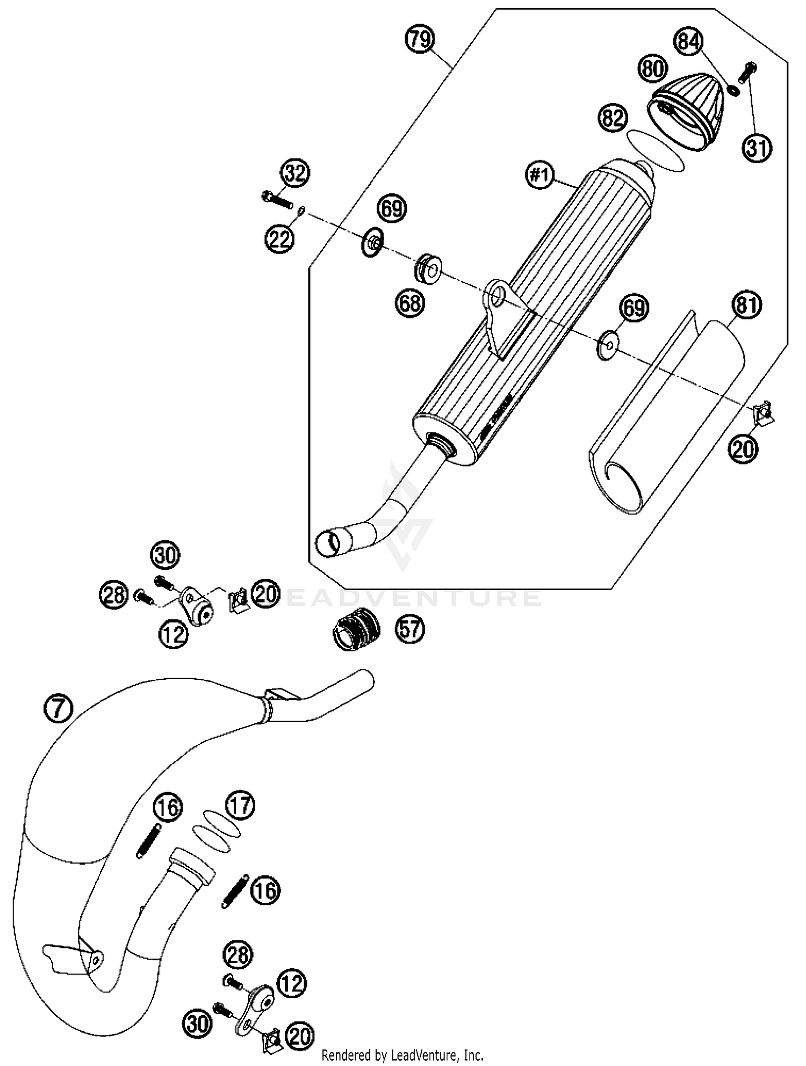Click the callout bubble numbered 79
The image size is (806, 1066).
click(x=420, y=40)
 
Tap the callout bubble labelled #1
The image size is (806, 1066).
click(x=541, y=175)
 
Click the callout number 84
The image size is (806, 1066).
click(x=688, y=41)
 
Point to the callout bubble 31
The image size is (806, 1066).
click(x=757, y=147)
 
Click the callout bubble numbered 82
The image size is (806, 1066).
click(x=613, y=118)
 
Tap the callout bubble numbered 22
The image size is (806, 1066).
click(x=279, y=238)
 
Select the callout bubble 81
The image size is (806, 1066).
click(x=746, y=305)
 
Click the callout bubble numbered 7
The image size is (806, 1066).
click(x=59, y=709)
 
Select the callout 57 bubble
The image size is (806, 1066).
click(x=410, y=628)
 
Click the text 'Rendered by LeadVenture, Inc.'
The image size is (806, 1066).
click(x=402, y=1055)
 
